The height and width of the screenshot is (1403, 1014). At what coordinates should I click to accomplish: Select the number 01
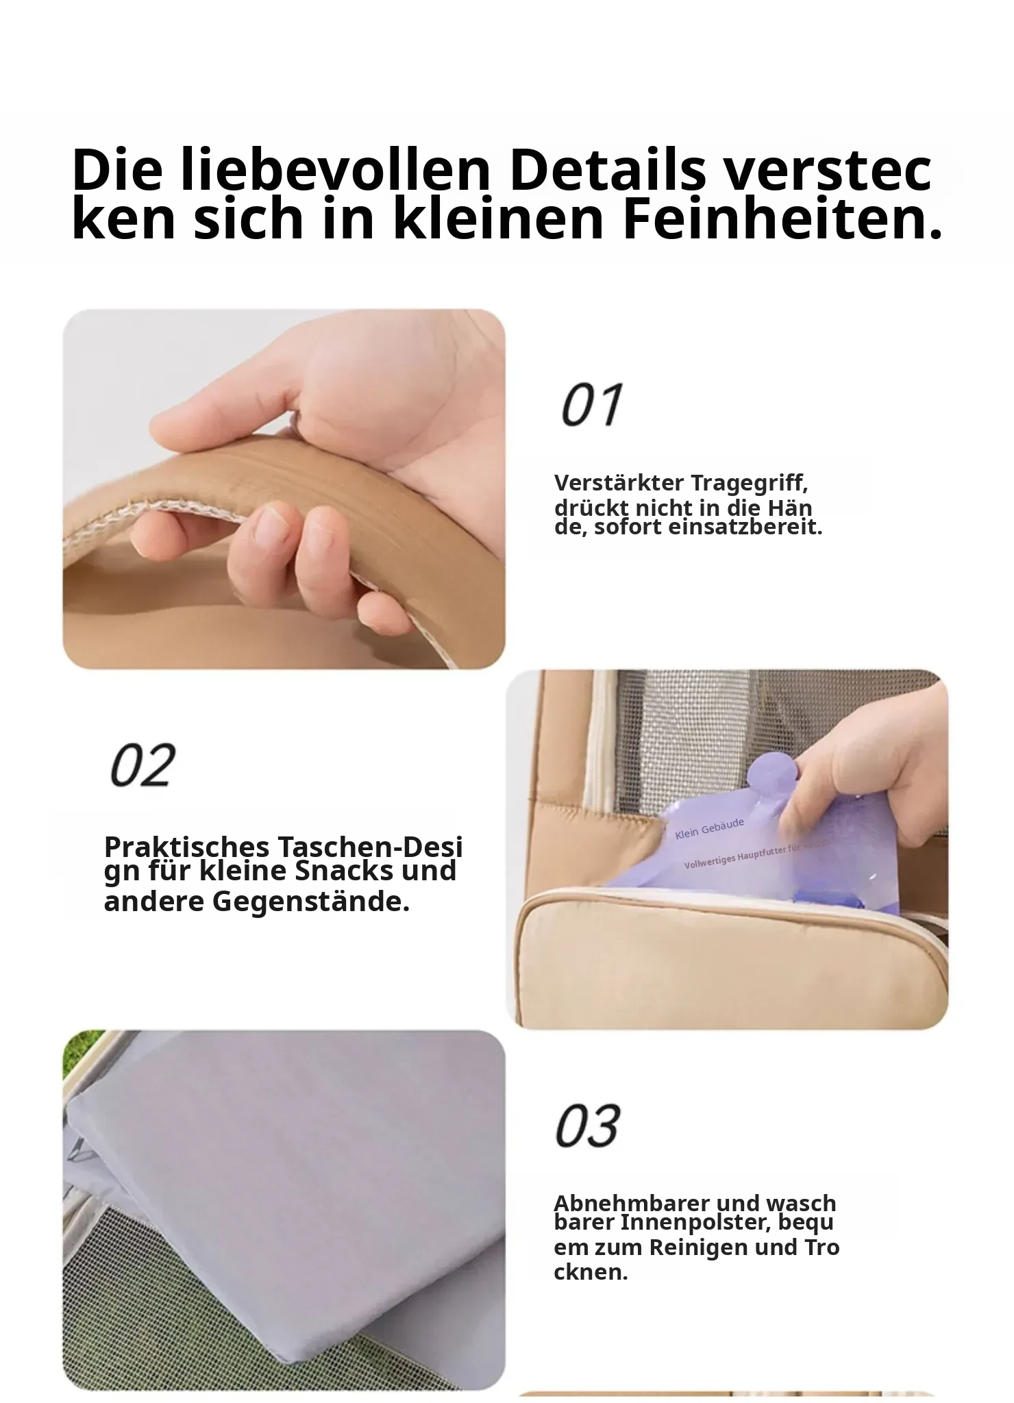[x=592, y=404]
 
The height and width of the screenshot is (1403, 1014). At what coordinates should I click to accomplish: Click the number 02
[x=143, y=765]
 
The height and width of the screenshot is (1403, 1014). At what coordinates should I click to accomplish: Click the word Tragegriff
[x=750, y=484]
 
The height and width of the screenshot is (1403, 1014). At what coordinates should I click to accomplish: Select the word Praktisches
[x=186, y=848]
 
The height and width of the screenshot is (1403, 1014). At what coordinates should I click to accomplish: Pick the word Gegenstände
[x=311, y=902]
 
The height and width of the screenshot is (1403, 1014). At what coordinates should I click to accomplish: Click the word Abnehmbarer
[x=623, y=1204]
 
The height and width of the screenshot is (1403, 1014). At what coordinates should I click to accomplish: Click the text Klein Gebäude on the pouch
[x=709, y=829]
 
